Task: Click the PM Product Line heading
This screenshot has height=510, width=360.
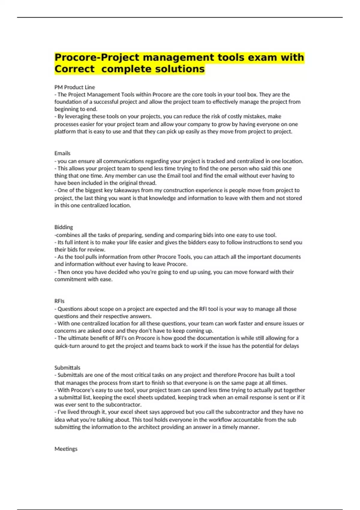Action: (74, 87)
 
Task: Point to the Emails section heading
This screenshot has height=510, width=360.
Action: (62, 153)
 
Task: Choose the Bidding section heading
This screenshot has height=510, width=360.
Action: (64, 227)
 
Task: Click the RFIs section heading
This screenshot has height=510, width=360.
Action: (59, 301)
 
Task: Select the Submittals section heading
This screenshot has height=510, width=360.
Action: (67, 367)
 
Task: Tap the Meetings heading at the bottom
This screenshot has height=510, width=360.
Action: (66, 449)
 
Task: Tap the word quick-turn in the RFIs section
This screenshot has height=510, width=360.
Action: (65, 346)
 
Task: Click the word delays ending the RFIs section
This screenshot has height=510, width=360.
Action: (291, 346)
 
